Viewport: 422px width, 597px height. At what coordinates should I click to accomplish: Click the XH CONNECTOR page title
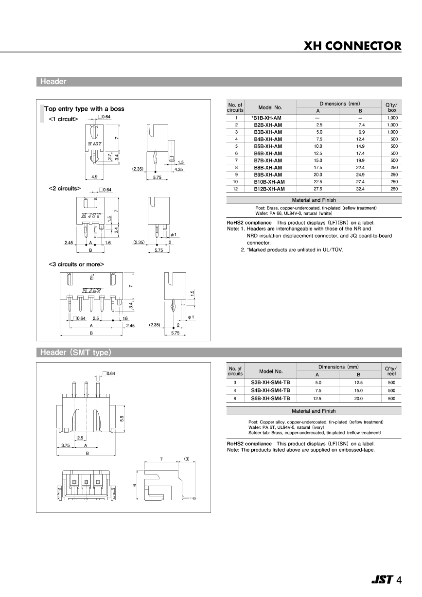(352, 46)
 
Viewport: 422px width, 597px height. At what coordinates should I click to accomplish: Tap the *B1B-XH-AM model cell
(266, 118)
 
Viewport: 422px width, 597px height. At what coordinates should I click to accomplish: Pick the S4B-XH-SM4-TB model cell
(270, 390)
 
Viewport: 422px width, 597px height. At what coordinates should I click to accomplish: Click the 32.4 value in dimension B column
(361, 189)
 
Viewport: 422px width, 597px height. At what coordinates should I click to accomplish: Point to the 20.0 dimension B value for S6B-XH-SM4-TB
(358, 399)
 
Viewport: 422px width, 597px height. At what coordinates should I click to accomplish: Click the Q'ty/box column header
(391, 107)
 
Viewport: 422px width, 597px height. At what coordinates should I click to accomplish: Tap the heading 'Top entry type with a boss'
(84, 109)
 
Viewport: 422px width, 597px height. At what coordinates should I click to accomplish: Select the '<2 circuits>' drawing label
(65, 188)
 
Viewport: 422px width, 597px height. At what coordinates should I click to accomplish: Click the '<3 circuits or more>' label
(76, 264)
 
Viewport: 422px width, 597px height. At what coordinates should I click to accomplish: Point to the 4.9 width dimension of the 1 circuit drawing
(94, 177)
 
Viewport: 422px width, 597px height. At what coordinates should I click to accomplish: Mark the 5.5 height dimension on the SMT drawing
(122, 418)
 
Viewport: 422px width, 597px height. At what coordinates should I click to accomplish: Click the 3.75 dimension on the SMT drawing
(66, 445)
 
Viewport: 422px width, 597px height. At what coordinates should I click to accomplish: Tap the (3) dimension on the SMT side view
(186, 458)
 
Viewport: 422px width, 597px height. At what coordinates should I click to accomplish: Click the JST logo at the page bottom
(382, 579)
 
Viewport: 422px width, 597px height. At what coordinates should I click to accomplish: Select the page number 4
(399, 579)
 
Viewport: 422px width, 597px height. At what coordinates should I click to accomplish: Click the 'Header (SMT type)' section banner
(76, 352)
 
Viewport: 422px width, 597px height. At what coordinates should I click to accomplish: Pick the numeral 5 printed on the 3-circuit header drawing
(91, 278)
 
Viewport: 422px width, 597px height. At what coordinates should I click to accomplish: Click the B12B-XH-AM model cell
(269, 189)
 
